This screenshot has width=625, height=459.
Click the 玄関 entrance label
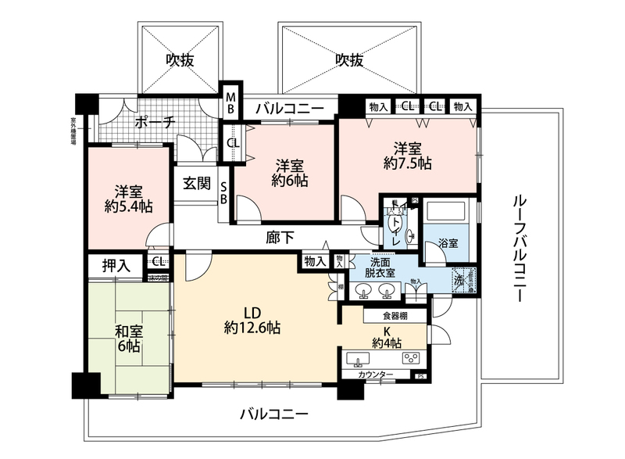click(x=197, y=184)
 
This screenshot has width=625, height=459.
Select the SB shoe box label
click(x=223, y=192)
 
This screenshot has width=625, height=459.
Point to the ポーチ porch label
click(x=153, y=122)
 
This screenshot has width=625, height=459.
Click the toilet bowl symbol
click(x=394, y=224)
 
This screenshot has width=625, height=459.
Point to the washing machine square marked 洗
click(x=460, y=279)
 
